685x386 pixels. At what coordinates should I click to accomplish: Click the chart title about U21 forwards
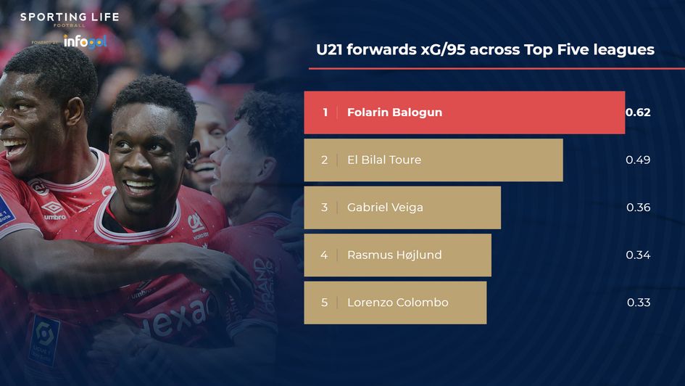click(485, 50)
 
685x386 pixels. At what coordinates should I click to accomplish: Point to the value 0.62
click(638, 112)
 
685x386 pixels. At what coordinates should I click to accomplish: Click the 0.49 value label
click(638, 160)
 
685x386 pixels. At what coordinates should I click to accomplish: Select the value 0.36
click(638, 208)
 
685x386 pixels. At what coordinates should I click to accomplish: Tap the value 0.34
click(638, 255)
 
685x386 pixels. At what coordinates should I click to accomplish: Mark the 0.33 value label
click(638, 303)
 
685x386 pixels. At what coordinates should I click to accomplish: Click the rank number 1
click(325, 112)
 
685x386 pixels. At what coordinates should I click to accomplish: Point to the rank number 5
click(325, 303)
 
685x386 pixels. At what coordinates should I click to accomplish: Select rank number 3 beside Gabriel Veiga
click(325, 208)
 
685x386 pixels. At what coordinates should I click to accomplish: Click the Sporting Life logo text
click(70, 17)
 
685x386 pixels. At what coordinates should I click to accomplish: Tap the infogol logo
click(85, 41)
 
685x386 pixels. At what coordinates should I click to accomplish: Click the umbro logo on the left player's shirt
click(54, 210)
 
